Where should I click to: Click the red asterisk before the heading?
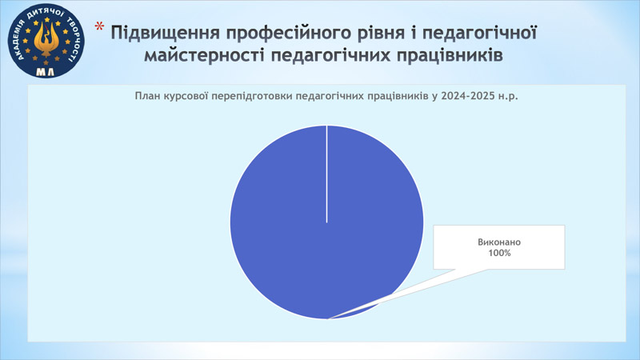tap(99, 27)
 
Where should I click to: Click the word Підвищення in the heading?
tap(166, 34)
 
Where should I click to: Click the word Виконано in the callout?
tap(499, 242)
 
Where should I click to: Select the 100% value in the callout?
tap(499, 253)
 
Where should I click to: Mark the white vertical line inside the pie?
tap(326, 174)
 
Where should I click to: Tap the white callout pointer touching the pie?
tap(408, 294)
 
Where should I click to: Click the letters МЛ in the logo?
tap(46, 72)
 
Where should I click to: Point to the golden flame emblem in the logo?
tap(46, 39)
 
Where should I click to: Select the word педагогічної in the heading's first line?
tap(479, 34)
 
